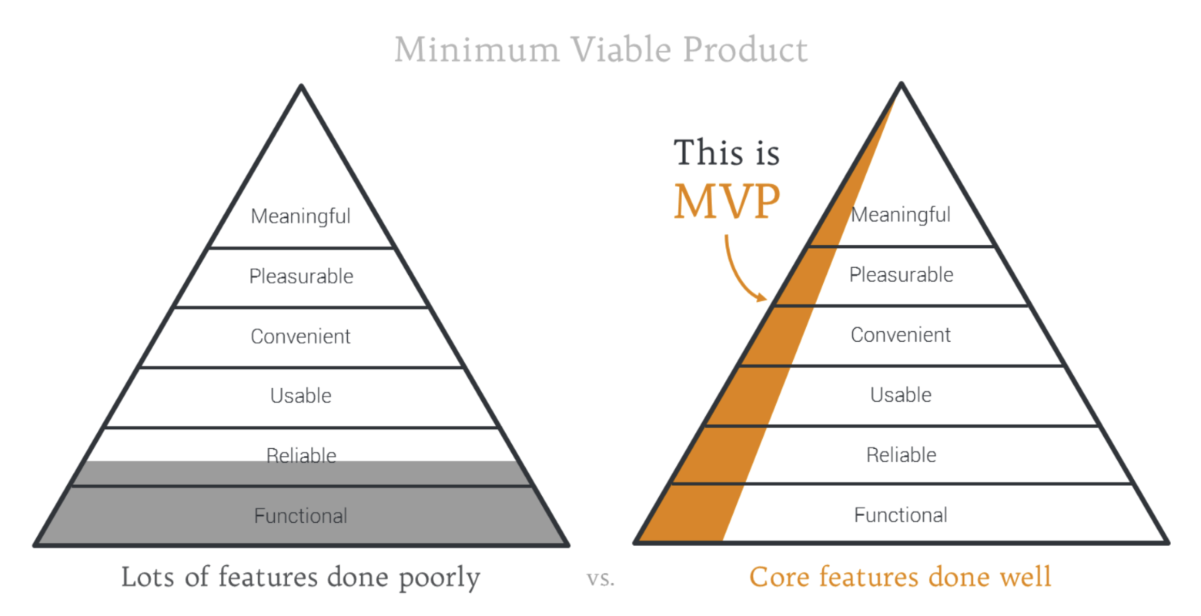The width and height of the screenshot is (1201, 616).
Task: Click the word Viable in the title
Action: tap(621, 49)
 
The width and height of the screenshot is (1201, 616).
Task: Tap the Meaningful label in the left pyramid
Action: tap(301, 216)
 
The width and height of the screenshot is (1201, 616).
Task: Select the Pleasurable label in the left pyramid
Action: tap(301, 276)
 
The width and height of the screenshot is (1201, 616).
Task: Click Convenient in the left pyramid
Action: tap(300, 336)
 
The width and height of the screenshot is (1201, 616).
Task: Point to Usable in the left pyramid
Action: tap(301, 396)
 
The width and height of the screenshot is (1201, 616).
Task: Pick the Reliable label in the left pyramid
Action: tap(301, 455)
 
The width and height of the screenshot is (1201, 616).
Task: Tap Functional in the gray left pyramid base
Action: tap(301, 516)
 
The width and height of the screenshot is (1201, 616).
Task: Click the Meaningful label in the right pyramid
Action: tap(901, 215)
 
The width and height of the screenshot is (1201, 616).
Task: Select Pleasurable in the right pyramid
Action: tap(902, 274)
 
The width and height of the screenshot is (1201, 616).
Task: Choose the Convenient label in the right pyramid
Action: tap(901, 334)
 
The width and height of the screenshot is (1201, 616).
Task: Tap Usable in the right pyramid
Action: tap(901, 394)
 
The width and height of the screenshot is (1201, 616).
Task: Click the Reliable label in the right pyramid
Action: tap(902, 454)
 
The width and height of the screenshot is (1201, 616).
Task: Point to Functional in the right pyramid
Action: tap(901, 514)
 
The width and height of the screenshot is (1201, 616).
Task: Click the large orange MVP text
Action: tap(727, 201)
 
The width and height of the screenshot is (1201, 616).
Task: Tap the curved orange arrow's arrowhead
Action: tap(761, 297)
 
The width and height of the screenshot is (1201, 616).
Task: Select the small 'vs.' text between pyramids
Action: tap(600, 579)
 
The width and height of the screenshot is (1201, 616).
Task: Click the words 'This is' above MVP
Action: tap(727, 152)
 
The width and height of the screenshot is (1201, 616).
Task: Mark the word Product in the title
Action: tap(745, 49)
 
